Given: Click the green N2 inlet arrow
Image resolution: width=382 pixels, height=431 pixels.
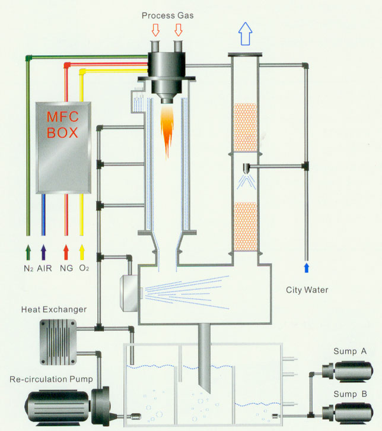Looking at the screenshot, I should point(28,249).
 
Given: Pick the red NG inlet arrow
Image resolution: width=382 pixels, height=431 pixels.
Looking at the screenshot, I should point(66,249).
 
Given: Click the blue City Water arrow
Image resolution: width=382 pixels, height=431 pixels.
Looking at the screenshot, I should point(306,267).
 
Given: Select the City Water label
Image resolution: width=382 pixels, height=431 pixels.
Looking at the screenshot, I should point(305,290).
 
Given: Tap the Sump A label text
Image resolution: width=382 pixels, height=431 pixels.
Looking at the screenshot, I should point(350,351).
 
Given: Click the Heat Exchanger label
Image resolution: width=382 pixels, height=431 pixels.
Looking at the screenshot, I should point(54,309).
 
